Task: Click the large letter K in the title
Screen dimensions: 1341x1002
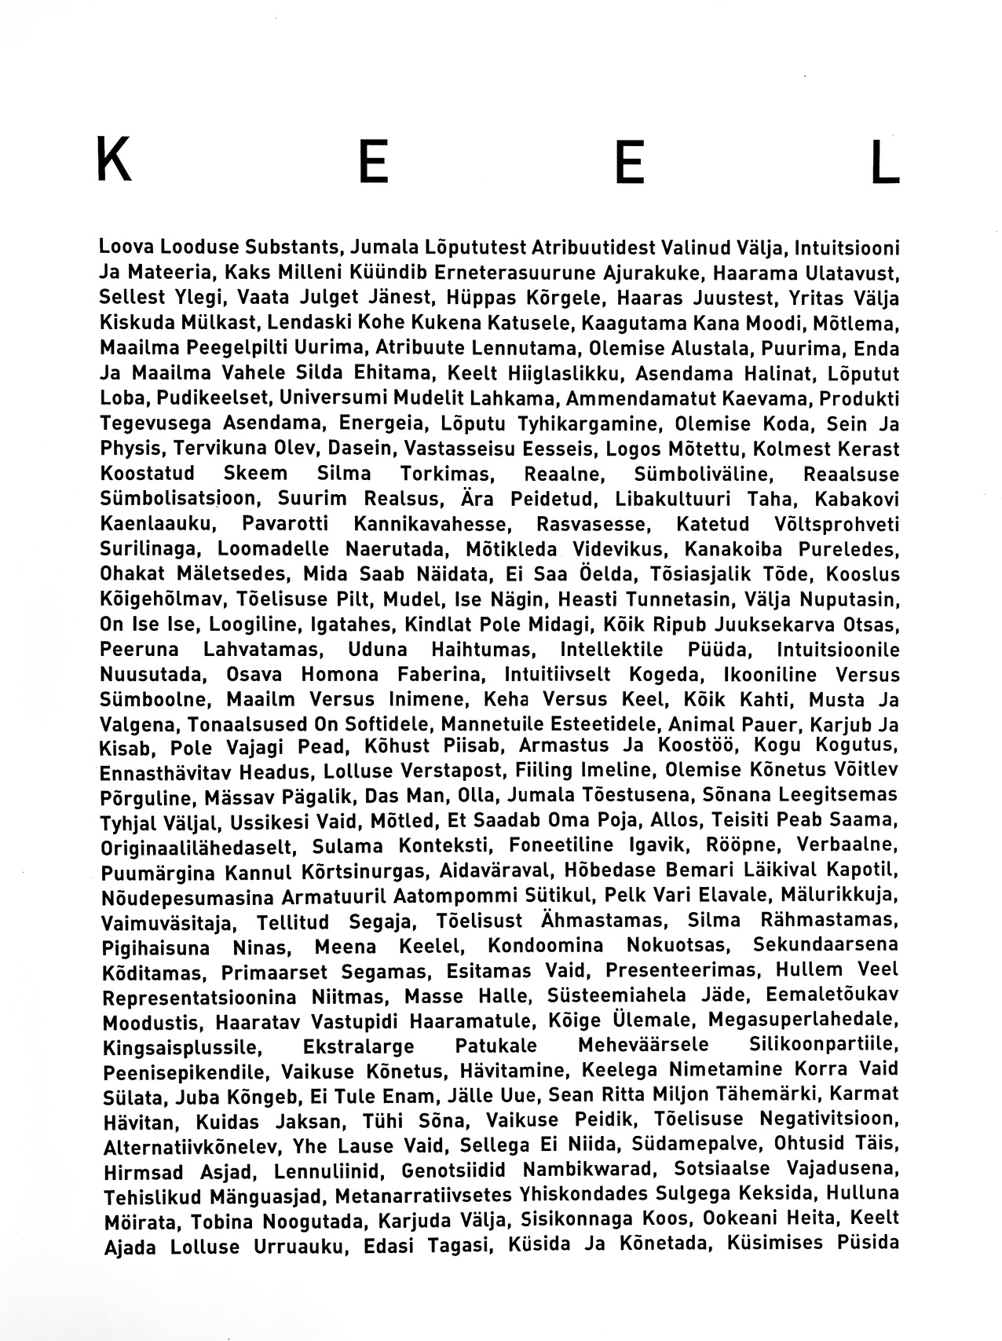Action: tap(114, 160)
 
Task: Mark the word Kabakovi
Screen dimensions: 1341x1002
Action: tap(857, 499)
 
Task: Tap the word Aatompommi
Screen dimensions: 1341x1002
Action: tap(462, 896)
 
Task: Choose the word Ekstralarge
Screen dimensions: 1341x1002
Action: tap(358, 1047)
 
